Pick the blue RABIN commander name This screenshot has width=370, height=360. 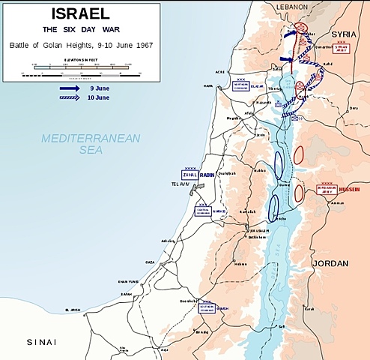point(207,175)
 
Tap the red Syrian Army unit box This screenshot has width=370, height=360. point(342,48)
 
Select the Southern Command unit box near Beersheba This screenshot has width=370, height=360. point(207,307)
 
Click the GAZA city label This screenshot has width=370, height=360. point(150,263)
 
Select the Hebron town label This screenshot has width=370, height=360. point(239,263)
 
